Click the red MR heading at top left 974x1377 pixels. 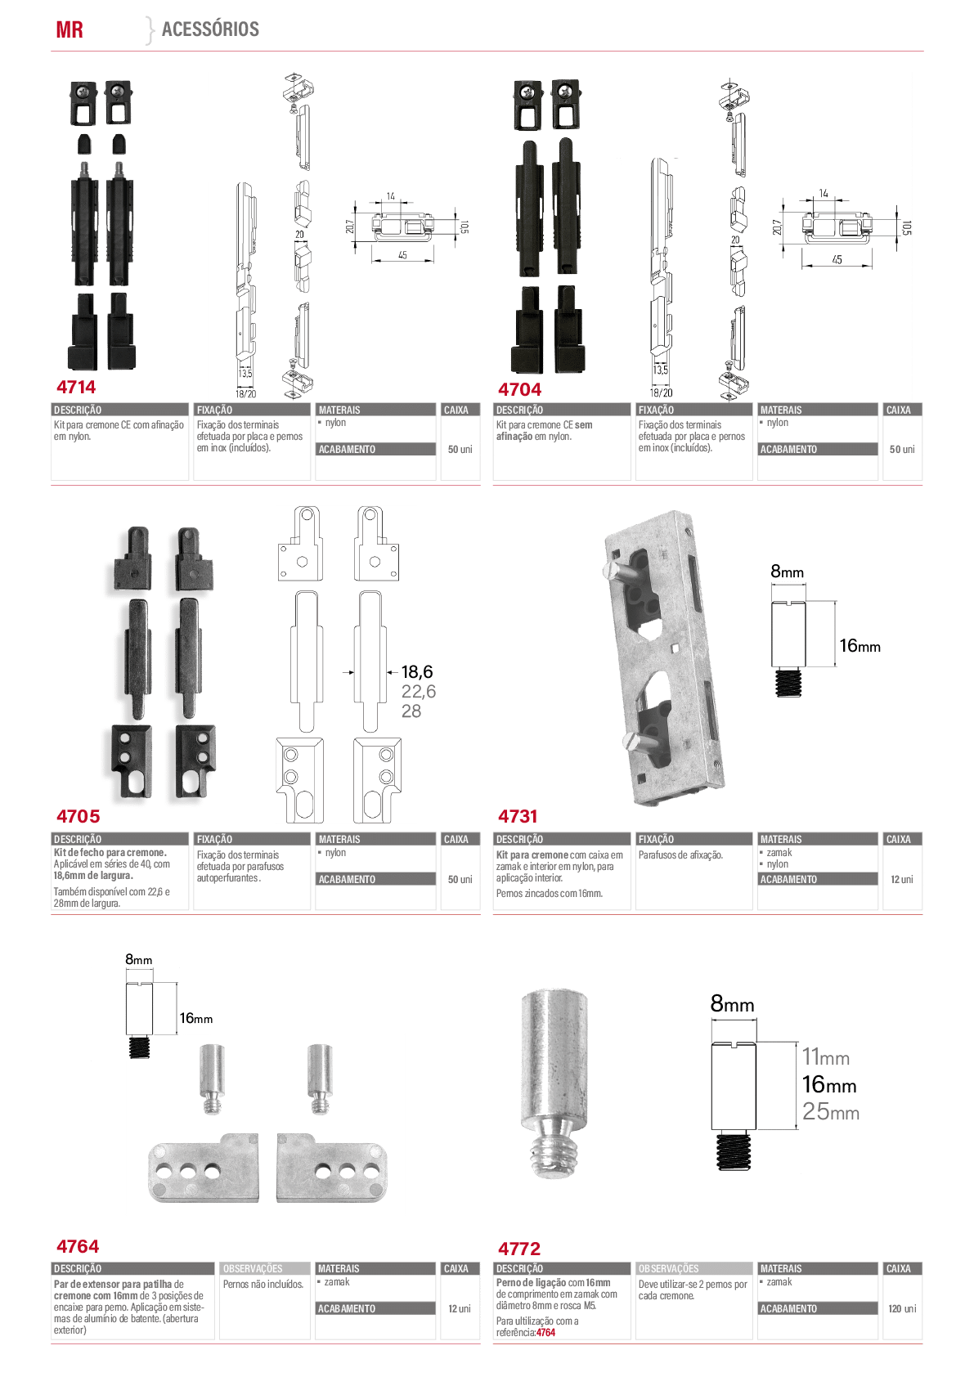tap(69, 29)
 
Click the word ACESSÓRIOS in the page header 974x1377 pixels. tap(210, 29)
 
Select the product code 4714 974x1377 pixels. tap(76, 387)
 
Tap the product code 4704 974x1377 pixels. tap(519, 389)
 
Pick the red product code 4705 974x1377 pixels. tap(78, 816)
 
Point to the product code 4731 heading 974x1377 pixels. tap(518, 816)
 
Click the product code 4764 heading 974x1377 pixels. tap(78, 1246)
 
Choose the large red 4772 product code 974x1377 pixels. tap(519, 1249)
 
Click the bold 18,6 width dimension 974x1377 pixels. tap(417, 671)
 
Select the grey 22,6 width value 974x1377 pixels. tap(419, 691)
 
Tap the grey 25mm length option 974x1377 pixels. tap(831, 1111)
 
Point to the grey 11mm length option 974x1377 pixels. tap(826, 1056)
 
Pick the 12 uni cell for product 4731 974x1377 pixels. tap(902, 879)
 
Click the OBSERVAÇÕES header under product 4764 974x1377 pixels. tap(253, 1269)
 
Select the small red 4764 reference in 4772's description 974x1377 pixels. tap(545, 1333)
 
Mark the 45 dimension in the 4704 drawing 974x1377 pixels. tap(837, 259)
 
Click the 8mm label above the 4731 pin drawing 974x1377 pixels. tap(787, 572)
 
